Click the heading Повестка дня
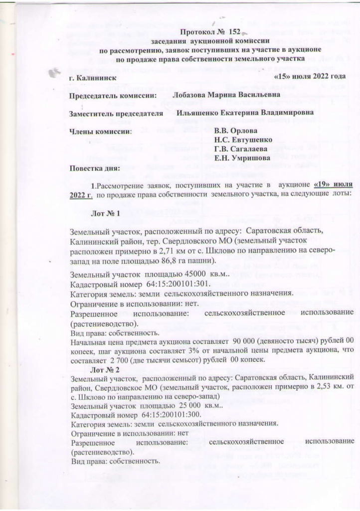pyautogui.click(x=95, y=168)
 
